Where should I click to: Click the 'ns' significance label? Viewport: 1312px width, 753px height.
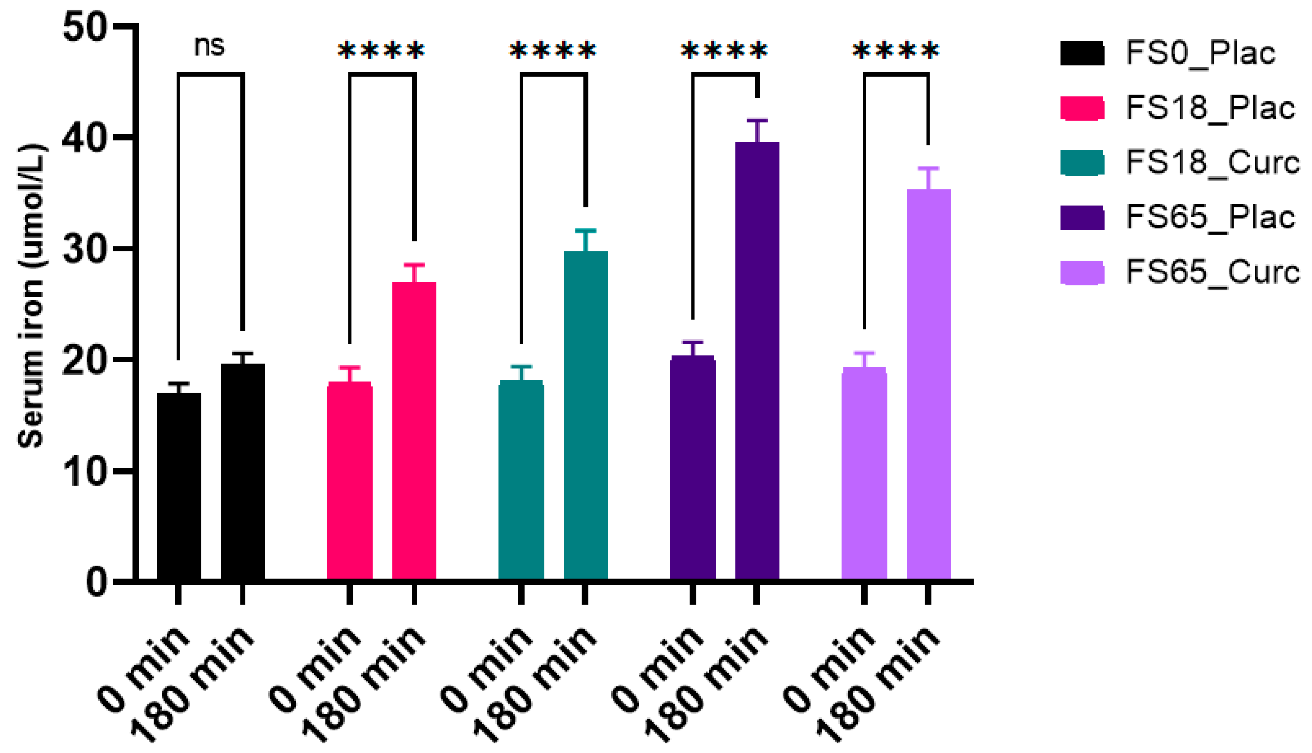click(209, 46)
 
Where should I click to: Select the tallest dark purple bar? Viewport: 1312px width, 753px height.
click(757, 362)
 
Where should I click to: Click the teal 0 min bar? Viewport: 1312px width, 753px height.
click(521, 481)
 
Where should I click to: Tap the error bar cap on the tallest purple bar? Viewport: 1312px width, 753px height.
click(757, 120)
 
